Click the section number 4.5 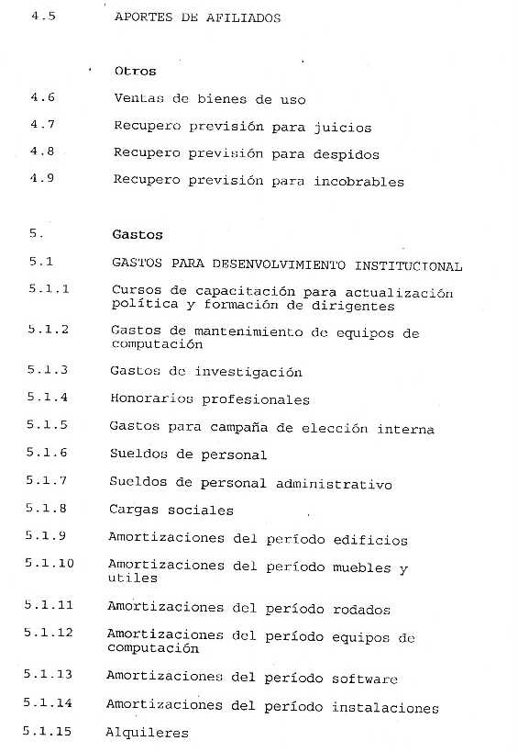coord(42,17)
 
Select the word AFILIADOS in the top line coord(246,17)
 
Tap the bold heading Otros coord(135,71)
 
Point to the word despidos coord(347,154)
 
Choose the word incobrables coord(359,182)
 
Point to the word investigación coord(243,373)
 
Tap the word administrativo coord(334,484)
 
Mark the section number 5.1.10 coord(50,563)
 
